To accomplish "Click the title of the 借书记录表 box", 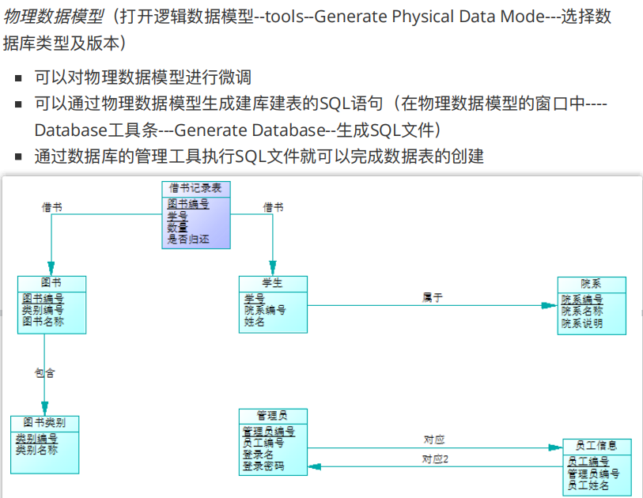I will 196,188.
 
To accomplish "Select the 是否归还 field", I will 187,240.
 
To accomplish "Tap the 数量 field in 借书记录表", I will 177,228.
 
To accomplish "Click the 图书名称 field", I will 43,321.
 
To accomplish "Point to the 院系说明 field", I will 582,323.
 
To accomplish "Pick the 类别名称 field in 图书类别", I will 36,450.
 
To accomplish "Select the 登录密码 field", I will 263,466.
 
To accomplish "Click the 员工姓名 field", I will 588,485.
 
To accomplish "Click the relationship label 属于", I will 432,297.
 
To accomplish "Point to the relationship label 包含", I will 44,372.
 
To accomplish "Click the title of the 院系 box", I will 591,284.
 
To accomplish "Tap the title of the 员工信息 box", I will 597,446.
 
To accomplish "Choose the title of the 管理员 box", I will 272,415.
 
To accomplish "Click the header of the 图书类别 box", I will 44,422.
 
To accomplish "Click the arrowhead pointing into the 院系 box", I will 550,305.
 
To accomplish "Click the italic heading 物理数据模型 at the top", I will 54,17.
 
